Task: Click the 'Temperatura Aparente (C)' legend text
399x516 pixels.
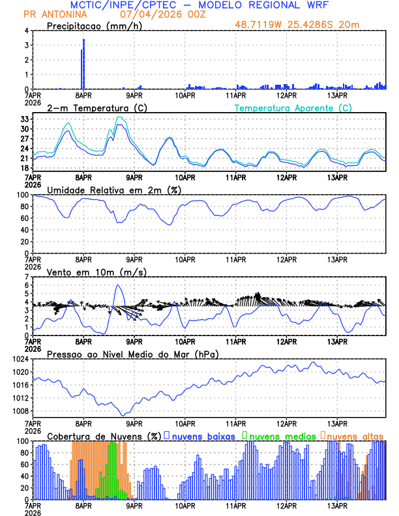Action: click(x=293, y=107)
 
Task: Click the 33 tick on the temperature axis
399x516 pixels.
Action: click(x=25, y=119)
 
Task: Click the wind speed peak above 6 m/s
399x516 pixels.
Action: click(x=118, y=285)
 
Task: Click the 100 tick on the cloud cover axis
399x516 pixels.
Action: click(x=23, y=441)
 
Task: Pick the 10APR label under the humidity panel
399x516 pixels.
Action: click(x=185, y=259)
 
